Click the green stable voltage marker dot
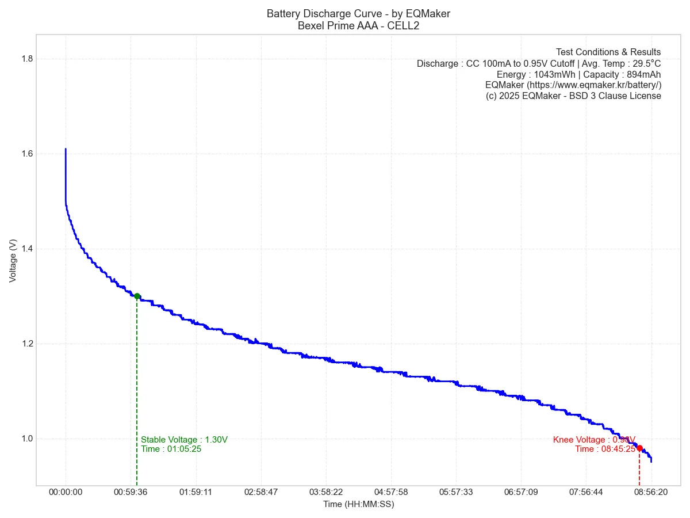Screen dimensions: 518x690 coord(137,296)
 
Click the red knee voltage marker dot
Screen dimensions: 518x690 coord(639,448)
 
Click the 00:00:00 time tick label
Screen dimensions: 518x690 coord(66,492)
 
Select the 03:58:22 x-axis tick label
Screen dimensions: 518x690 coord(326,492)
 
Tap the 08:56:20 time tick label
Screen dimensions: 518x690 coord(651,492)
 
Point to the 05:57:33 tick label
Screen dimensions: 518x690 coord(456,492)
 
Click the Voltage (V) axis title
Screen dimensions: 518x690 coord(13,260)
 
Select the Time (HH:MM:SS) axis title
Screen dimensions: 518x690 coord(358,504)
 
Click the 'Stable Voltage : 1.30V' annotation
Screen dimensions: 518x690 coord(184,440)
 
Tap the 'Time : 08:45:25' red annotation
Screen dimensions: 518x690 coord(605,449)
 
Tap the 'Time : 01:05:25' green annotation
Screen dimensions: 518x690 coord(171,449)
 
